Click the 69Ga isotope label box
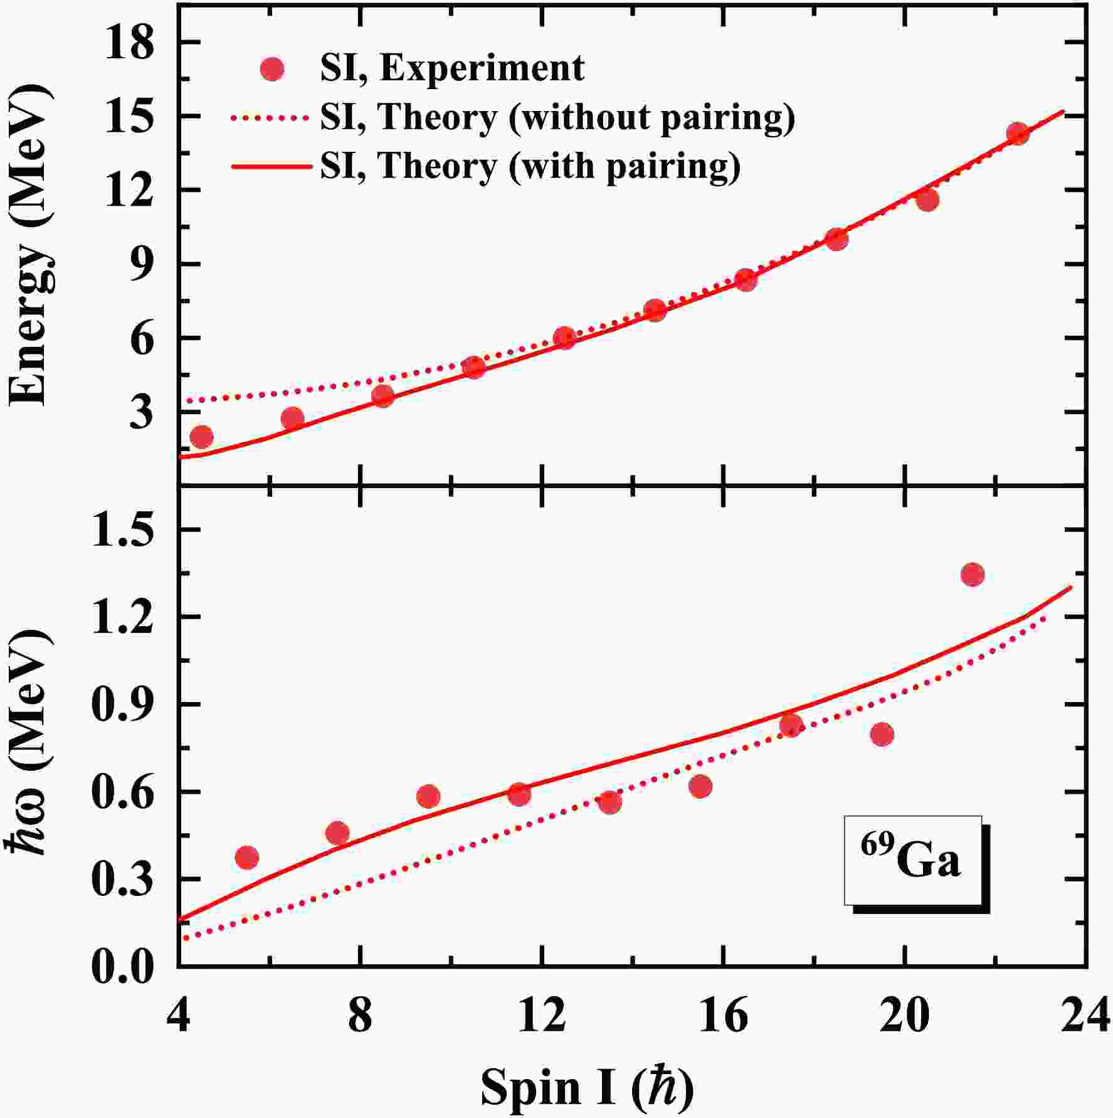point(912,860)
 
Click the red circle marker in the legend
point(272,68)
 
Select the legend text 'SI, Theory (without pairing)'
point(557,117)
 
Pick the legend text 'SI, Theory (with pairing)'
point(530,166)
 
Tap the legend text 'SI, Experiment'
point(452,68)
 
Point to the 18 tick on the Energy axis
point(129,43)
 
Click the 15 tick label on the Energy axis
point(129,117)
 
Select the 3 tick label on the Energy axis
point(142,412)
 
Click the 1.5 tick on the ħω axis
point(123,530)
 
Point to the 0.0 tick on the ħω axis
point(123,966)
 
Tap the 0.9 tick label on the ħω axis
point(123,705)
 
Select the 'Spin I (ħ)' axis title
point(588,1087)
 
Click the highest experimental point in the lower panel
point(973,574)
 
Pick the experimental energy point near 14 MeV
point(1018,133)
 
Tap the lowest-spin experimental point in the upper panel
point(201,437)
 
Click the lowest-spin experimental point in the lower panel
point(247,858)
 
